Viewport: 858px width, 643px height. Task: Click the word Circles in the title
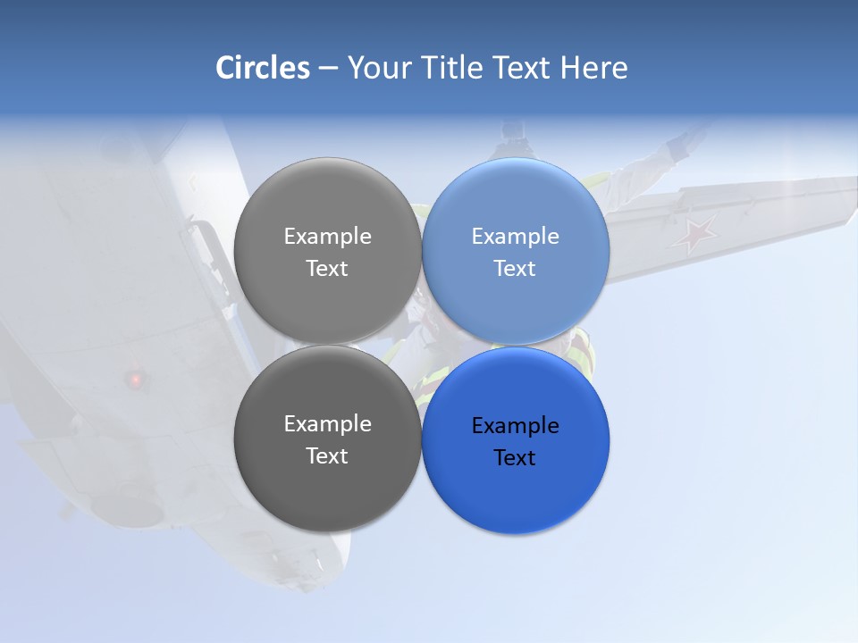[x=263, y=68]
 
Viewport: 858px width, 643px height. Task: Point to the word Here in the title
[x=593, y=68]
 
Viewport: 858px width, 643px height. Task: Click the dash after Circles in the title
[x=328, y=69]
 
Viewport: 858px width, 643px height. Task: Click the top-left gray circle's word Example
[x=327, y=236]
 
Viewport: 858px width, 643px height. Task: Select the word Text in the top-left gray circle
[x=327, y=268]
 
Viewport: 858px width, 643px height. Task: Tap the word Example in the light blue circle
[x=515, y=236]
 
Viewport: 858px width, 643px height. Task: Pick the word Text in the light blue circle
[x=515, y=268]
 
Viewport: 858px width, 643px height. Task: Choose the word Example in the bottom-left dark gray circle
[x=327, y=423]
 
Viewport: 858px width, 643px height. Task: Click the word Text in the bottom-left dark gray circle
[x=327, y=455]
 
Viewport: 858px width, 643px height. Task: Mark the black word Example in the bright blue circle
[x=515, y=425]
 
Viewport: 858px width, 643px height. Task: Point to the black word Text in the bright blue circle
[x=515, y=457]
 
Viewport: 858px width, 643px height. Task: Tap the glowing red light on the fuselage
[x=136, y=380]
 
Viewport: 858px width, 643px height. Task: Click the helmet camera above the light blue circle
[x=512, y=131]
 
